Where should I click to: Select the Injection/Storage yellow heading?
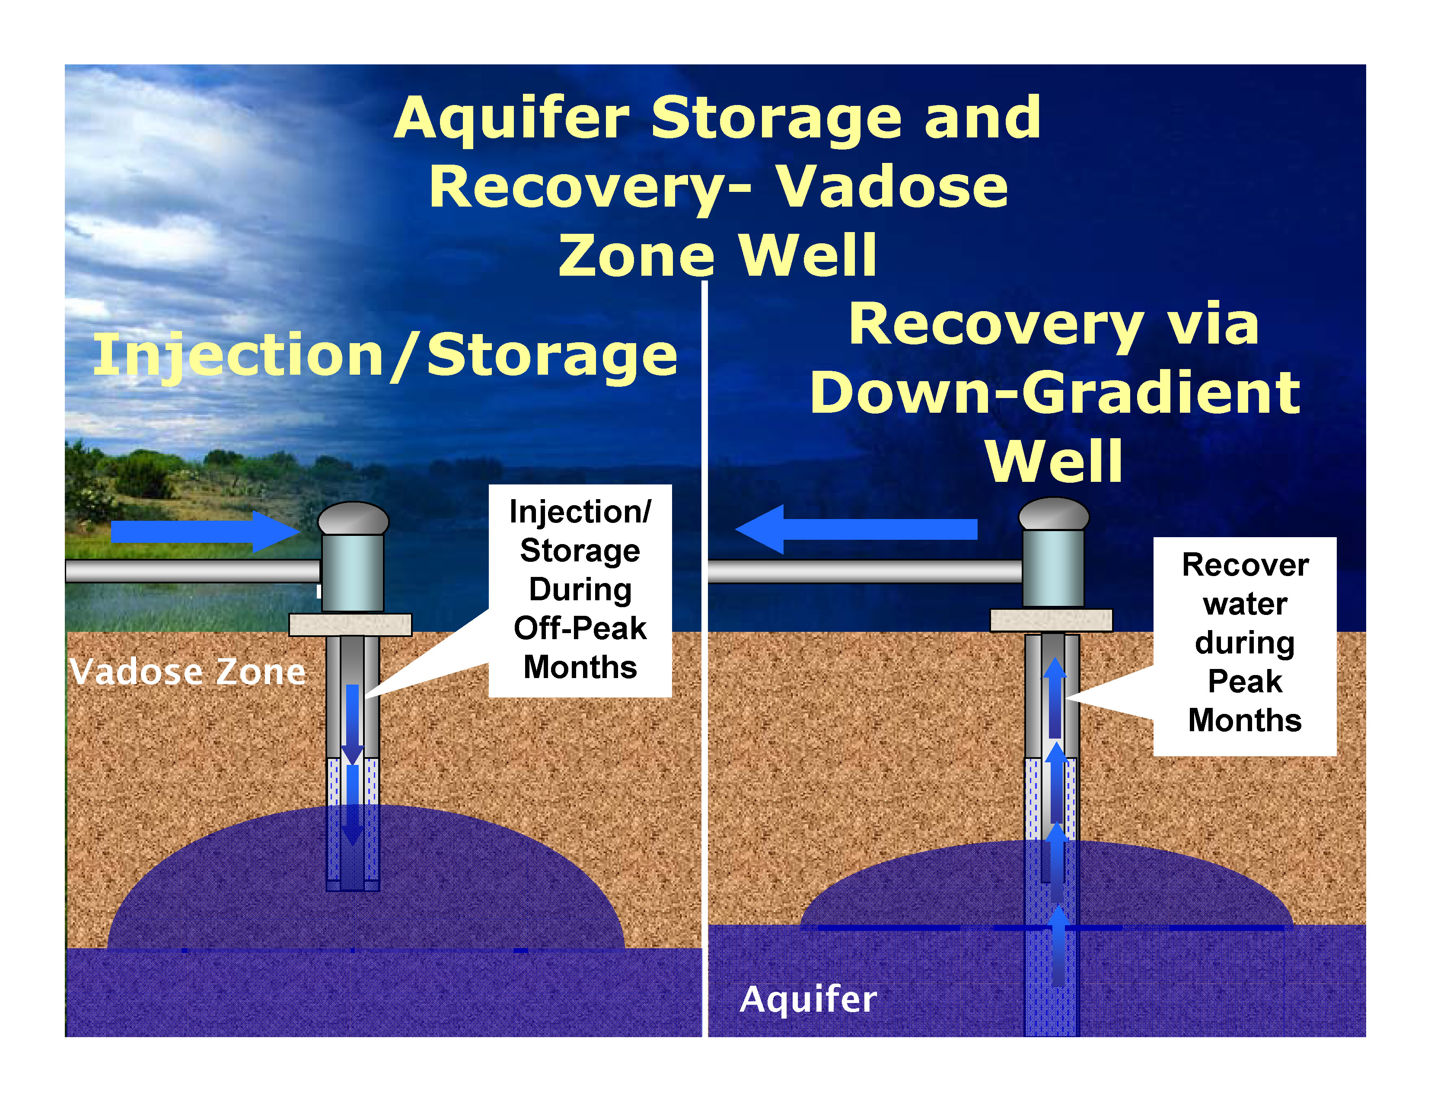click(385, 355)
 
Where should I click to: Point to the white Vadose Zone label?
click(188, 672)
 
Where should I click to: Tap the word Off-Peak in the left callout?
click(580, 628)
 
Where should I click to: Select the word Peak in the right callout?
click(1244, 682)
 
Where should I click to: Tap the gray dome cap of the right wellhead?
click(1054, 514)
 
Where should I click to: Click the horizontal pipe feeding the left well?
click(193, 570)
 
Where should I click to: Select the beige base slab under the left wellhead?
click(351, 624)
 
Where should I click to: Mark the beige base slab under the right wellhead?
click(1051, 620)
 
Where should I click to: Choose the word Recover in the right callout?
click(1245, 565)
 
